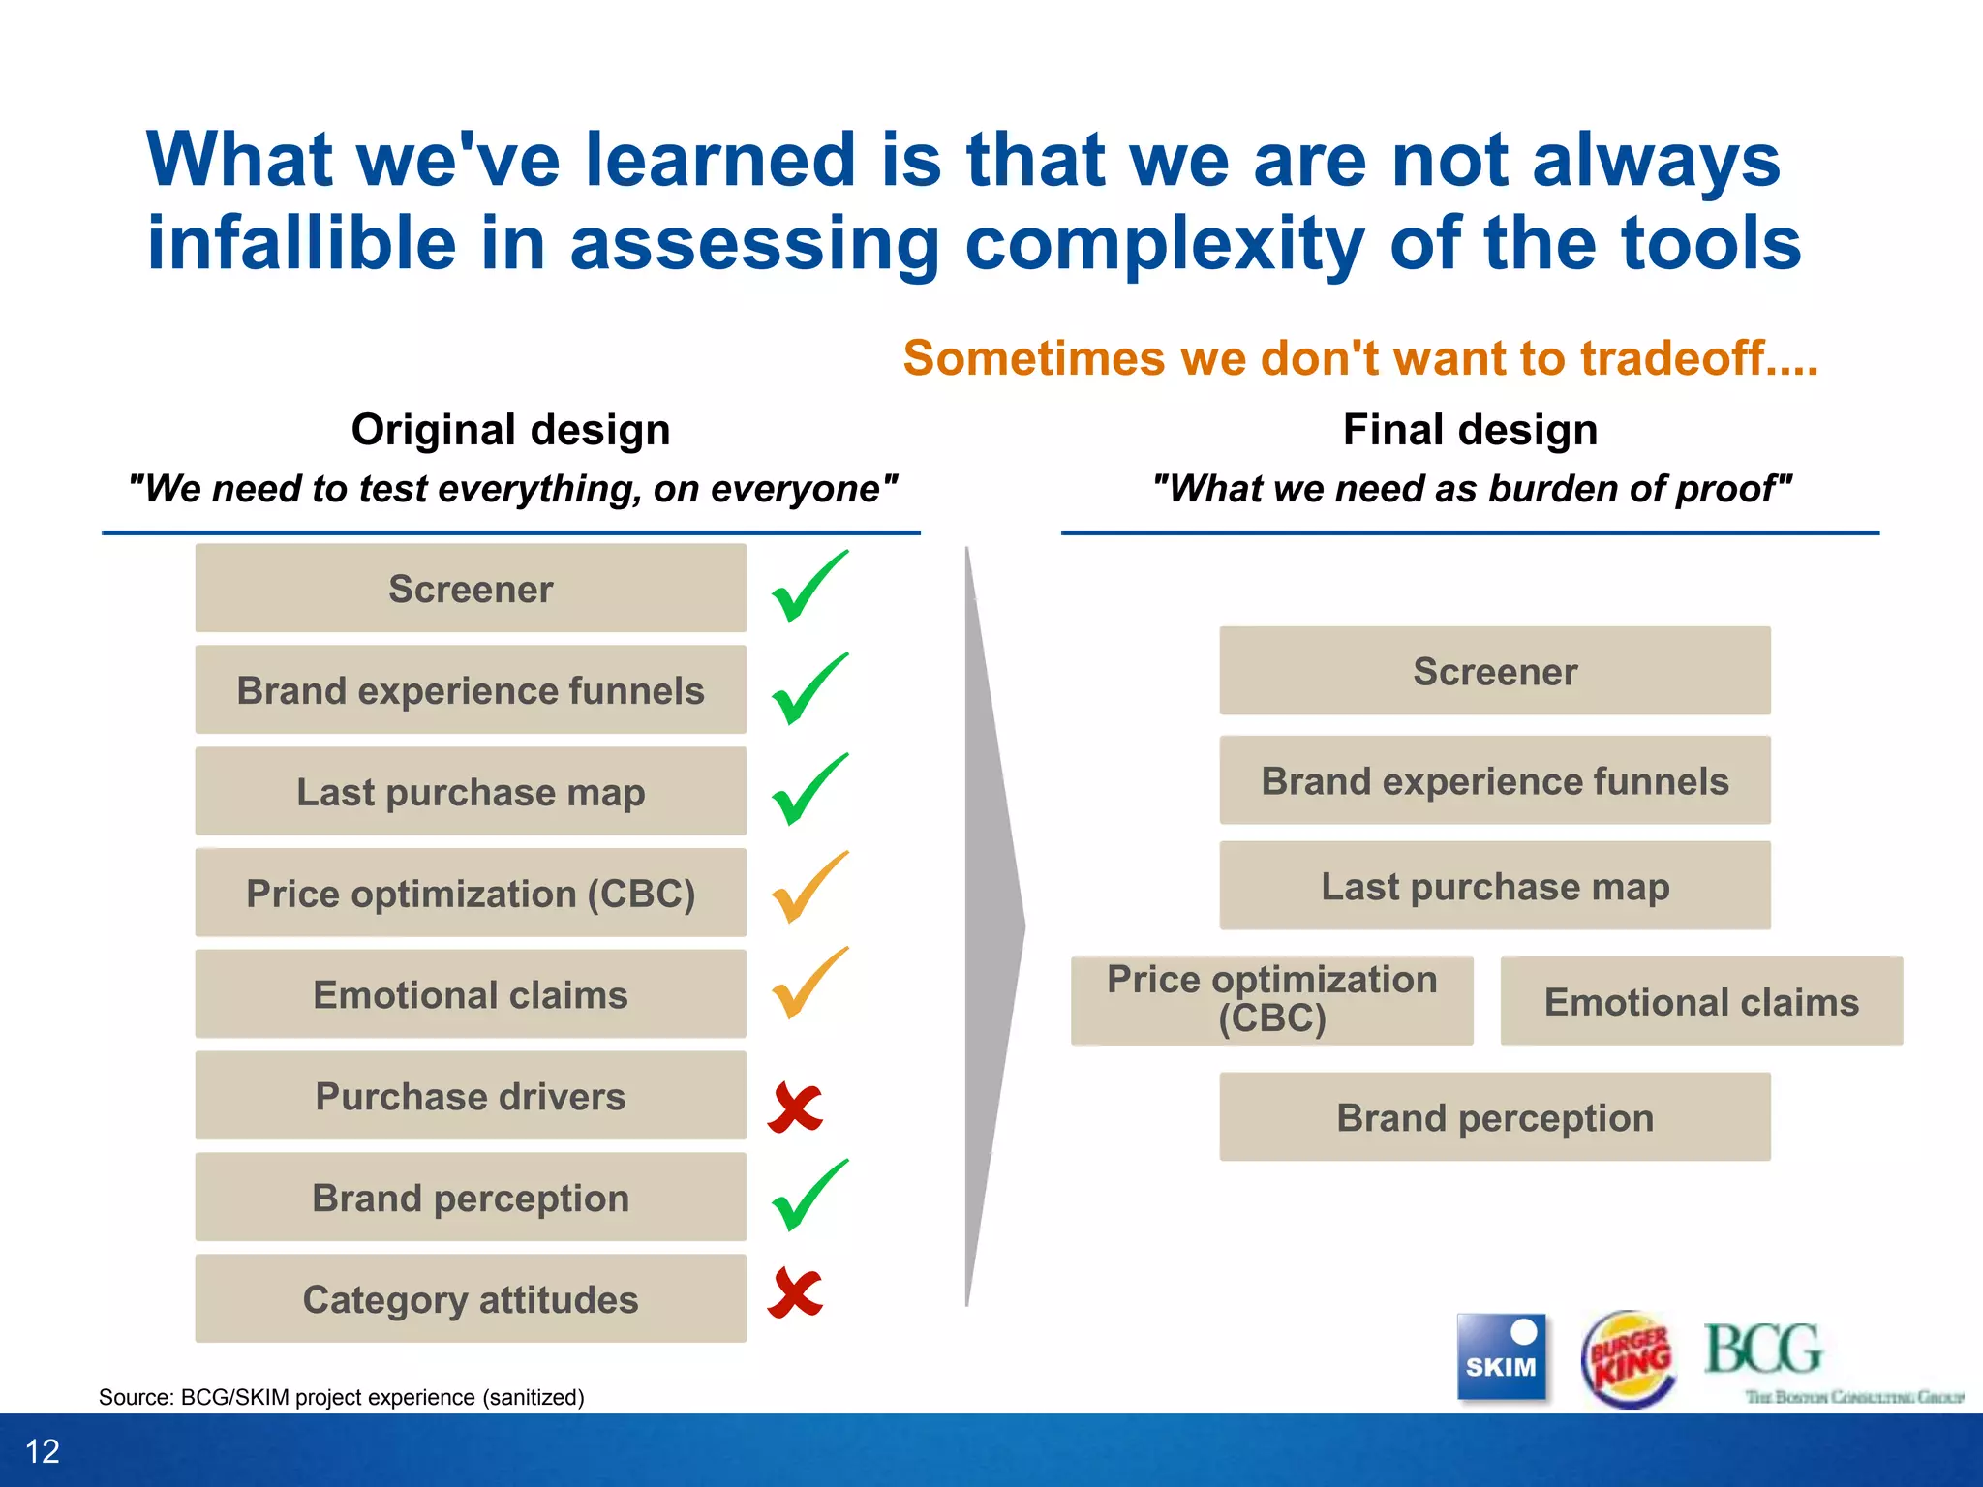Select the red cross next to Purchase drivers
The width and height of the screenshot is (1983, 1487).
(795, 1108)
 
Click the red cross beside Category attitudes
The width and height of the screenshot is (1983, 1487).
(795, 1293)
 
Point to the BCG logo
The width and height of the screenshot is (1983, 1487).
(1764, 1350)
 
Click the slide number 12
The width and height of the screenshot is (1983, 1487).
(43, 1451)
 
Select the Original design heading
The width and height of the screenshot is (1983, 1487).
(510, 430)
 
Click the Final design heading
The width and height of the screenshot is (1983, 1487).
(1470, 430)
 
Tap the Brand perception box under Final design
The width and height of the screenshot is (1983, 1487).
(1494, 1117)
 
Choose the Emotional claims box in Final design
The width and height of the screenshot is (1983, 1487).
(1701, 1002)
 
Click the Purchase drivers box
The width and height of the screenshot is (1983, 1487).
(471, 1096)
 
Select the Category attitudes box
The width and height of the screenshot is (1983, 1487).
(471, 1299)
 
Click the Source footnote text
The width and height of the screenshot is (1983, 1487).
(341, 1397)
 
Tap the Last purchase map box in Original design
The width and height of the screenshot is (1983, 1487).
(471, 792)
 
